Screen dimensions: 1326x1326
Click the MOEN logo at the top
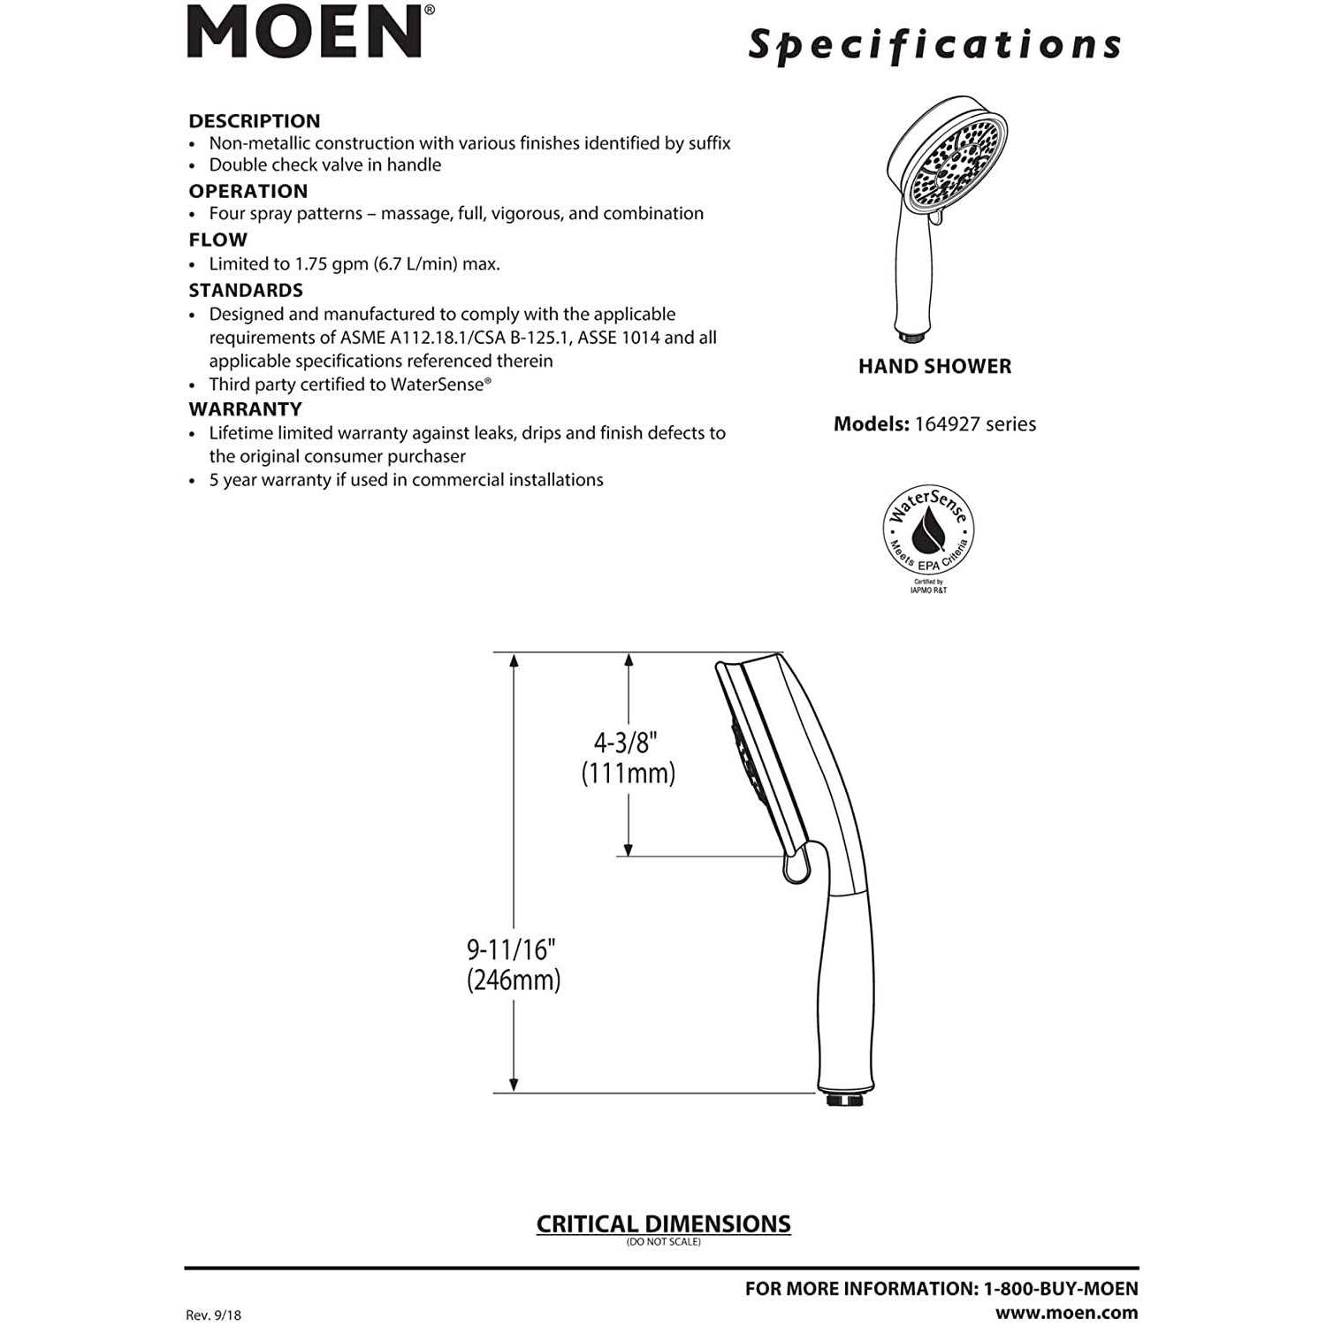(305, 33)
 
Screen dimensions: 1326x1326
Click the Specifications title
(934, 45)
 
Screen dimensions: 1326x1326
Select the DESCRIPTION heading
(255, 121)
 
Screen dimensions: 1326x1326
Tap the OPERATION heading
(248, 191)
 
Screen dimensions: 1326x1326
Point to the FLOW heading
(217, 240)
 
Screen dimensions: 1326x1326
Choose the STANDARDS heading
(246, 290)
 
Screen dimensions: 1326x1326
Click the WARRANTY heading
(245, 409)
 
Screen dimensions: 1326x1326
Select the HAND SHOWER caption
(934, 366)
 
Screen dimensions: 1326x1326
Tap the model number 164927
(947, 423)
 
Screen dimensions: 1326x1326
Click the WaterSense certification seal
(928, 535)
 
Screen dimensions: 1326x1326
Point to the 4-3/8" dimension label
(626, 742)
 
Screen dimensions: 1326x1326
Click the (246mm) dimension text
(514, 980)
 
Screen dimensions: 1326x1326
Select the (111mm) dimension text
(628, 773)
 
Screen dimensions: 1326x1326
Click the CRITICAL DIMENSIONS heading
(663, 1223)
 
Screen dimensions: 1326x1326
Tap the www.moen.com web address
(1066, 1313)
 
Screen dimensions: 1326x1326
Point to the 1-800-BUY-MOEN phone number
(1061, 1289)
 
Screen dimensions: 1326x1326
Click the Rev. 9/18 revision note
(213, 1315)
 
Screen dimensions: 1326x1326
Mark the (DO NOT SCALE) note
(663, 1242)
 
